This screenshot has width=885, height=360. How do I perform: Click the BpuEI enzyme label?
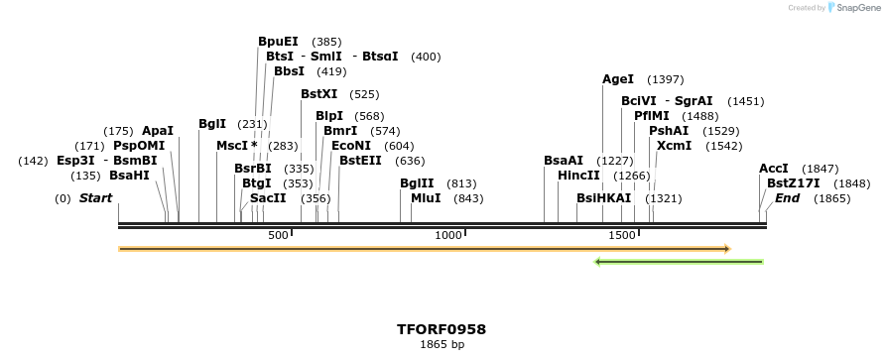coord(278,42)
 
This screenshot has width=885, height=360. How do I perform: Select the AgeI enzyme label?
coord(618,79)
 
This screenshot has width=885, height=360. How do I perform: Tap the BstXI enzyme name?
coord(319,94)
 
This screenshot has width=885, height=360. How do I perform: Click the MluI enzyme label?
coord(426,198)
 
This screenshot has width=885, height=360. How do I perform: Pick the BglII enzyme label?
coord(417,183)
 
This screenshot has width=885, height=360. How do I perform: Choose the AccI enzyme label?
coord(774,169)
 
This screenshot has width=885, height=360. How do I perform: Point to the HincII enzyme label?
coord(579,176)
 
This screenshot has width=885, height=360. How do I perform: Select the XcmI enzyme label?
coord(675,146)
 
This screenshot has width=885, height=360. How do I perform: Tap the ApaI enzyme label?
coord(158,131)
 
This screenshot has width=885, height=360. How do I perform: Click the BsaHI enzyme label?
coord(129,176)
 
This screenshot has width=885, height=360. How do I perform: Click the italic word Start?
coord(96,198)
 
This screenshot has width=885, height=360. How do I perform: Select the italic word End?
coord(788,198)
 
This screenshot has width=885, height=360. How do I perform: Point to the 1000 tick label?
coord(448,235)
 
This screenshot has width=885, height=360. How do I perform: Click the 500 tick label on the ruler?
coord(278,235)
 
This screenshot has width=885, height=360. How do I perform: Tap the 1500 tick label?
coord(622,235)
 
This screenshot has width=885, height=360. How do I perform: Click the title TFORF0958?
coord(442,329)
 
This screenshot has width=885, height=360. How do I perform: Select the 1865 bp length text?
coord(442,345)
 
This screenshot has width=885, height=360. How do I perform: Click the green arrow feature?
coord(679,262)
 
